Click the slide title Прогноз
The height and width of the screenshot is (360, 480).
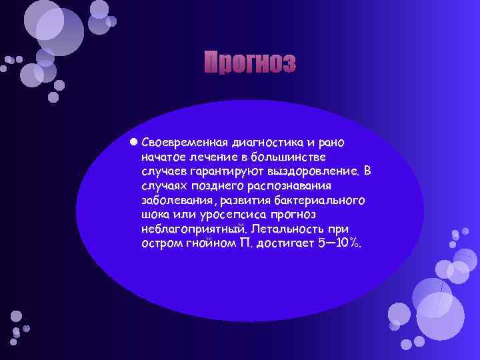[x=249, y=63]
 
